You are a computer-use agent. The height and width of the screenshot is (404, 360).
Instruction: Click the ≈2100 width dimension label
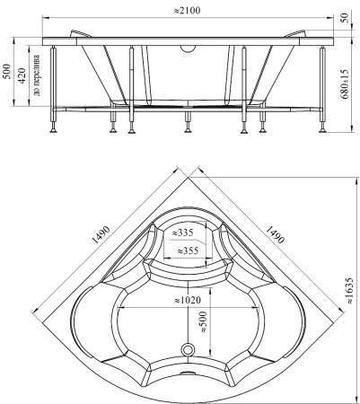point(187,11)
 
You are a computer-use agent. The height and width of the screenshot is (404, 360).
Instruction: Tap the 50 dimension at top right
point(345,18)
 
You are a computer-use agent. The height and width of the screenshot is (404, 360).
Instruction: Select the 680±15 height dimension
point(345,84)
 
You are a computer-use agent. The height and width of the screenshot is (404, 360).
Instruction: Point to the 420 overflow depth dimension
point(22,76)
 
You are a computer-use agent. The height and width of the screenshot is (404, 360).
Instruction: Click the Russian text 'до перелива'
point(37,75)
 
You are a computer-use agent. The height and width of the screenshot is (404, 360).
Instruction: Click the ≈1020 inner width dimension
point(188,300)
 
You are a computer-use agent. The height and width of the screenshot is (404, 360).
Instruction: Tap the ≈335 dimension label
point(182,233)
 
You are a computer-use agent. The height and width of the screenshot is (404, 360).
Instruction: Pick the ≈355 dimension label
point(188,250)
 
